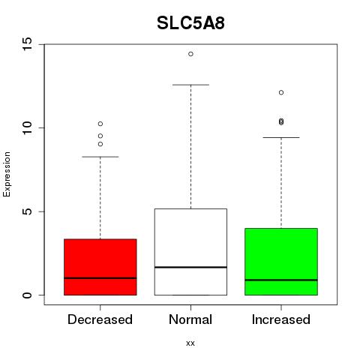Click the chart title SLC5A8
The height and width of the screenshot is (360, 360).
click(190, 23)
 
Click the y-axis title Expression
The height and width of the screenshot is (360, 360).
click(7, 174)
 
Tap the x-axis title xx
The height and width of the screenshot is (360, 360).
click(190, 343)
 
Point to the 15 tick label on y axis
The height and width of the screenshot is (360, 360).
click(28, 44)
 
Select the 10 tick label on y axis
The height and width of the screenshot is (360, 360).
click(28, 127)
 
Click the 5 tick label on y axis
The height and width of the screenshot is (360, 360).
click(28, 211)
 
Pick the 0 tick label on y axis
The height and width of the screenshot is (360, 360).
click(28, 295)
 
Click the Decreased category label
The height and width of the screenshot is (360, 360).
click(100, 319)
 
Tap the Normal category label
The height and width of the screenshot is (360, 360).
click(190, 319)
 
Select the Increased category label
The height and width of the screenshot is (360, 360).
click(281, 319)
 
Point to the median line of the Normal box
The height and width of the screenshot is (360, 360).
click(190, 267)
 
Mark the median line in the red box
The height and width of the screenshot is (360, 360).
click(100, 278)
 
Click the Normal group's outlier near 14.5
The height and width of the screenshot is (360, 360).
click(190, 54)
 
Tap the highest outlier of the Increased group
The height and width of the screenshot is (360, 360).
click(281, 93)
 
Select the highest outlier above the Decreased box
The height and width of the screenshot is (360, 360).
click(100, 124)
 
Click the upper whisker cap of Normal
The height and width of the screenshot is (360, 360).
click(190, 85)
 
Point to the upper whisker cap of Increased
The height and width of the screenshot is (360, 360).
click(281, 137)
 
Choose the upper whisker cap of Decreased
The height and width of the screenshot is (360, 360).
click(100, 157)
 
